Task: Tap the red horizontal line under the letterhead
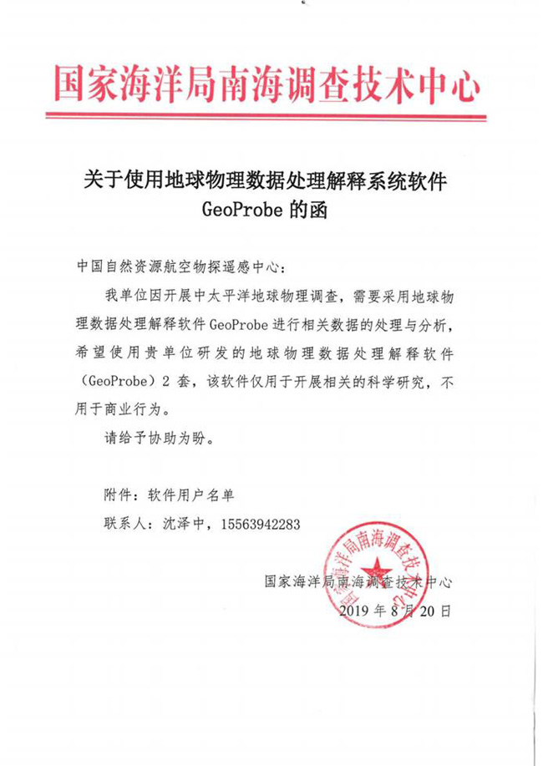coord(266,125)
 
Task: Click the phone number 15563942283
coord(258,523)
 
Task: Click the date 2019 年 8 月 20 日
coord(396,611)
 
